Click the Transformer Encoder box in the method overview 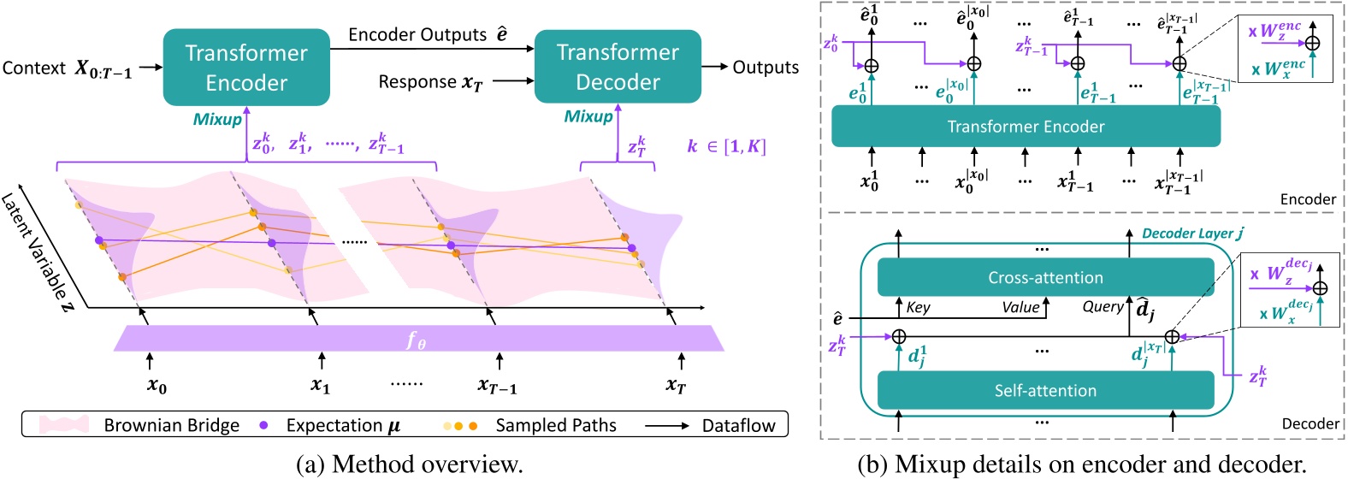[x=246, y=68]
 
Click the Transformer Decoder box [x=618, y=68]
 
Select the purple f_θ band [x=418, y=339]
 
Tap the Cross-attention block [x=1045, y=277]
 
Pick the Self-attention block [x=1045, y=390]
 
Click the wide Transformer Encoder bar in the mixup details [x=1026, y=127]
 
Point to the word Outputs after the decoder [x=766, y=68]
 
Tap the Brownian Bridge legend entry [x=171, y=425]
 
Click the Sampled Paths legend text [x=555, y=425]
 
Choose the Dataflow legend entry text [x=738, y=425]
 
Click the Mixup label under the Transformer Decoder [x=588, y=116]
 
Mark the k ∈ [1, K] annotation [x=725, y=146]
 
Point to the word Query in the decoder [x=1103, y=306]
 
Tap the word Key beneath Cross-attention [x=918, y=307]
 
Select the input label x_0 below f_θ [x=157, y=386]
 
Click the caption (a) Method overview [x=409, y=464]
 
